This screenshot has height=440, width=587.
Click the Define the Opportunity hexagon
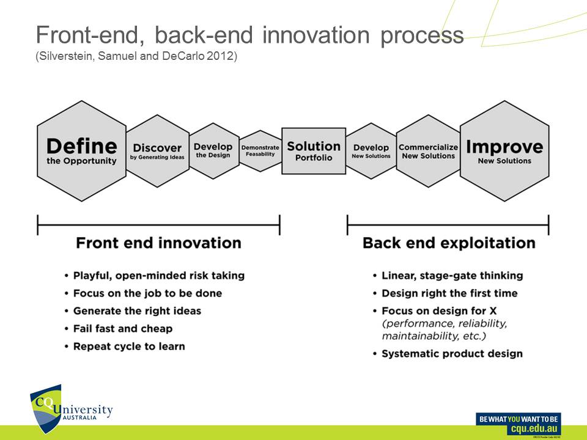coord(81,151)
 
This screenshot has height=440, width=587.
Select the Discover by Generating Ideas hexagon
coord(157,151)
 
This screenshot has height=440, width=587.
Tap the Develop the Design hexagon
coord(213,150)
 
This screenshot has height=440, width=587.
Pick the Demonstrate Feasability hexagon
coord(260,150)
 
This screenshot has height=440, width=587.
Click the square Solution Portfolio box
coord(313,151)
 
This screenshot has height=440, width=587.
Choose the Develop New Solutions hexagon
coord(371,151)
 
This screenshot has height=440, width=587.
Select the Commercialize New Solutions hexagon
coord(427,151)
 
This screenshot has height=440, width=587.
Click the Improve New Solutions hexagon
coord(504,151)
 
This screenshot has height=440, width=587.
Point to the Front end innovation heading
coord(158,243)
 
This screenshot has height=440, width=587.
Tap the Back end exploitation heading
coord(449,243)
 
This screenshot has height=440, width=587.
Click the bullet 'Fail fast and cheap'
coord(122,328)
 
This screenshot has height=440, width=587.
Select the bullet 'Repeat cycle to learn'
coord(128,346)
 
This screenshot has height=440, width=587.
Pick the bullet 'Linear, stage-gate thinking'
coord(452,276)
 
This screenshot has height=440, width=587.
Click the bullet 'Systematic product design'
coord(452,353)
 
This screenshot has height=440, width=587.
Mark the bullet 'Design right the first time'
coord(449,293)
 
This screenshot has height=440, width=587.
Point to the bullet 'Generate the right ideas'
coord(137,310)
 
